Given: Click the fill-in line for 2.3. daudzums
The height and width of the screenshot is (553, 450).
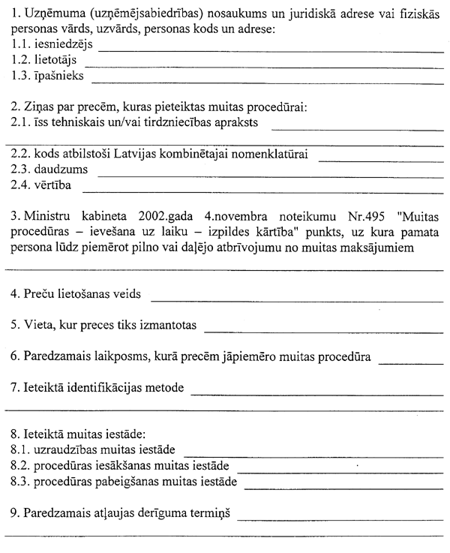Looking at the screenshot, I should [x=270, y=176].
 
